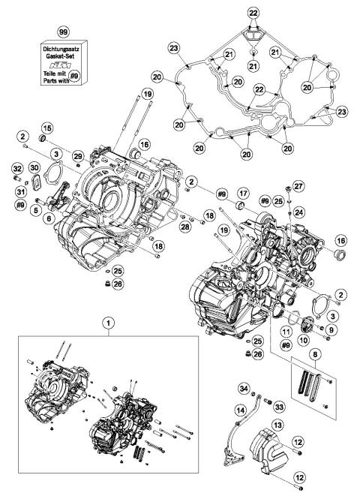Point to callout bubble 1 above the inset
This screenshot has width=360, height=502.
point(110,324)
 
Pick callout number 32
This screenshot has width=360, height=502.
point(16,167)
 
